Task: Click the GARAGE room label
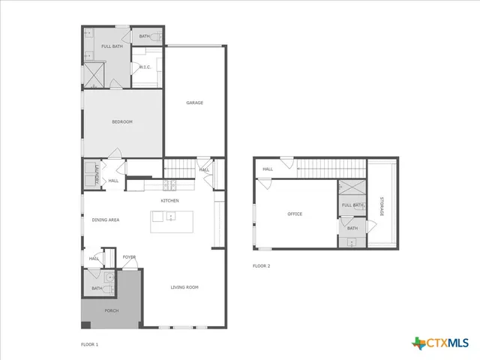[195, 103]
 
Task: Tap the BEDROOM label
[122, 121]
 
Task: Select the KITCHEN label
[169, 201]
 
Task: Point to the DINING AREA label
[106, 220]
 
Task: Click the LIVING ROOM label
[184, 287]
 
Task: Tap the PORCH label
[111, 310]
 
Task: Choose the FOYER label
[129, 257]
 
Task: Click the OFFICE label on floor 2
[295, 214]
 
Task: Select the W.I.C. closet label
[145, 67]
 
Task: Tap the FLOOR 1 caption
[89, 344]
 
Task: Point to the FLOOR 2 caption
[261, 266]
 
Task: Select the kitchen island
[171, 220]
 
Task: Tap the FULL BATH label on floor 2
[352, 205]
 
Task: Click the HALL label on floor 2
[268, 169]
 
